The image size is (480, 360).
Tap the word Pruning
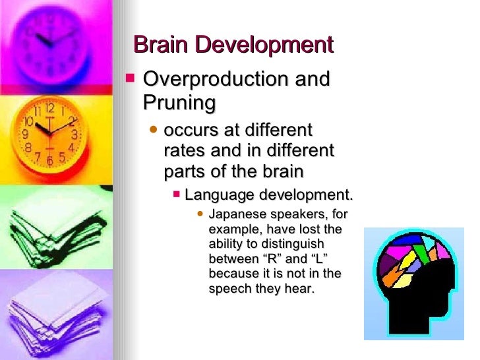(x=179, y=103)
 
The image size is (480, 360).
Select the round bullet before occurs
(x=154, y=130)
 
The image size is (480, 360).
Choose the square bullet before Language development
(x=176, y=195)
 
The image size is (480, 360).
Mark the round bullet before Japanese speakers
(x=200, y=214)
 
